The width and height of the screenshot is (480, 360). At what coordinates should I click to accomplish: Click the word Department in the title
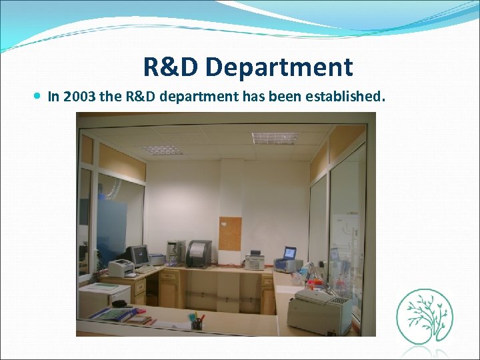click(x=279, y=67)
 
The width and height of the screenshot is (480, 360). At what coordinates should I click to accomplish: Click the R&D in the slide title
click(x=171, y=67)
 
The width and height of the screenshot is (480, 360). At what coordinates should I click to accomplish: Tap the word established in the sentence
click(x=344, y=97)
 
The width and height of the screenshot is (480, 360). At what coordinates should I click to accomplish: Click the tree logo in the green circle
click(x=424, y=315)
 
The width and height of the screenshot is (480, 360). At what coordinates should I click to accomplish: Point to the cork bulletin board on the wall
click(x=230, y=233)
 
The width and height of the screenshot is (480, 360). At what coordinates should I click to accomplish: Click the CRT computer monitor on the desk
click(x=139, y=255)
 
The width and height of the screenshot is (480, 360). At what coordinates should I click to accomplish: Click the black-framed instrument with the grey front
click(x=198, y=253)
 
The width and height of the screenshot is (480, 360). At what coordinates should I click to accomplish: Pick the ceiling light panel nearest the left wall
click(x=161, y=149)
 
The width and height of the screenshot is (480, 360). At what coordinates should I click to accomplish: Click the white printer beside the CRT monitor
click(x=121, y=268)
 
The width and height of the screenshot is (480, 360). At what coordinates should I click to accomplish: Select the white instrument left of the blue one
click(x=255, y=261)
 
